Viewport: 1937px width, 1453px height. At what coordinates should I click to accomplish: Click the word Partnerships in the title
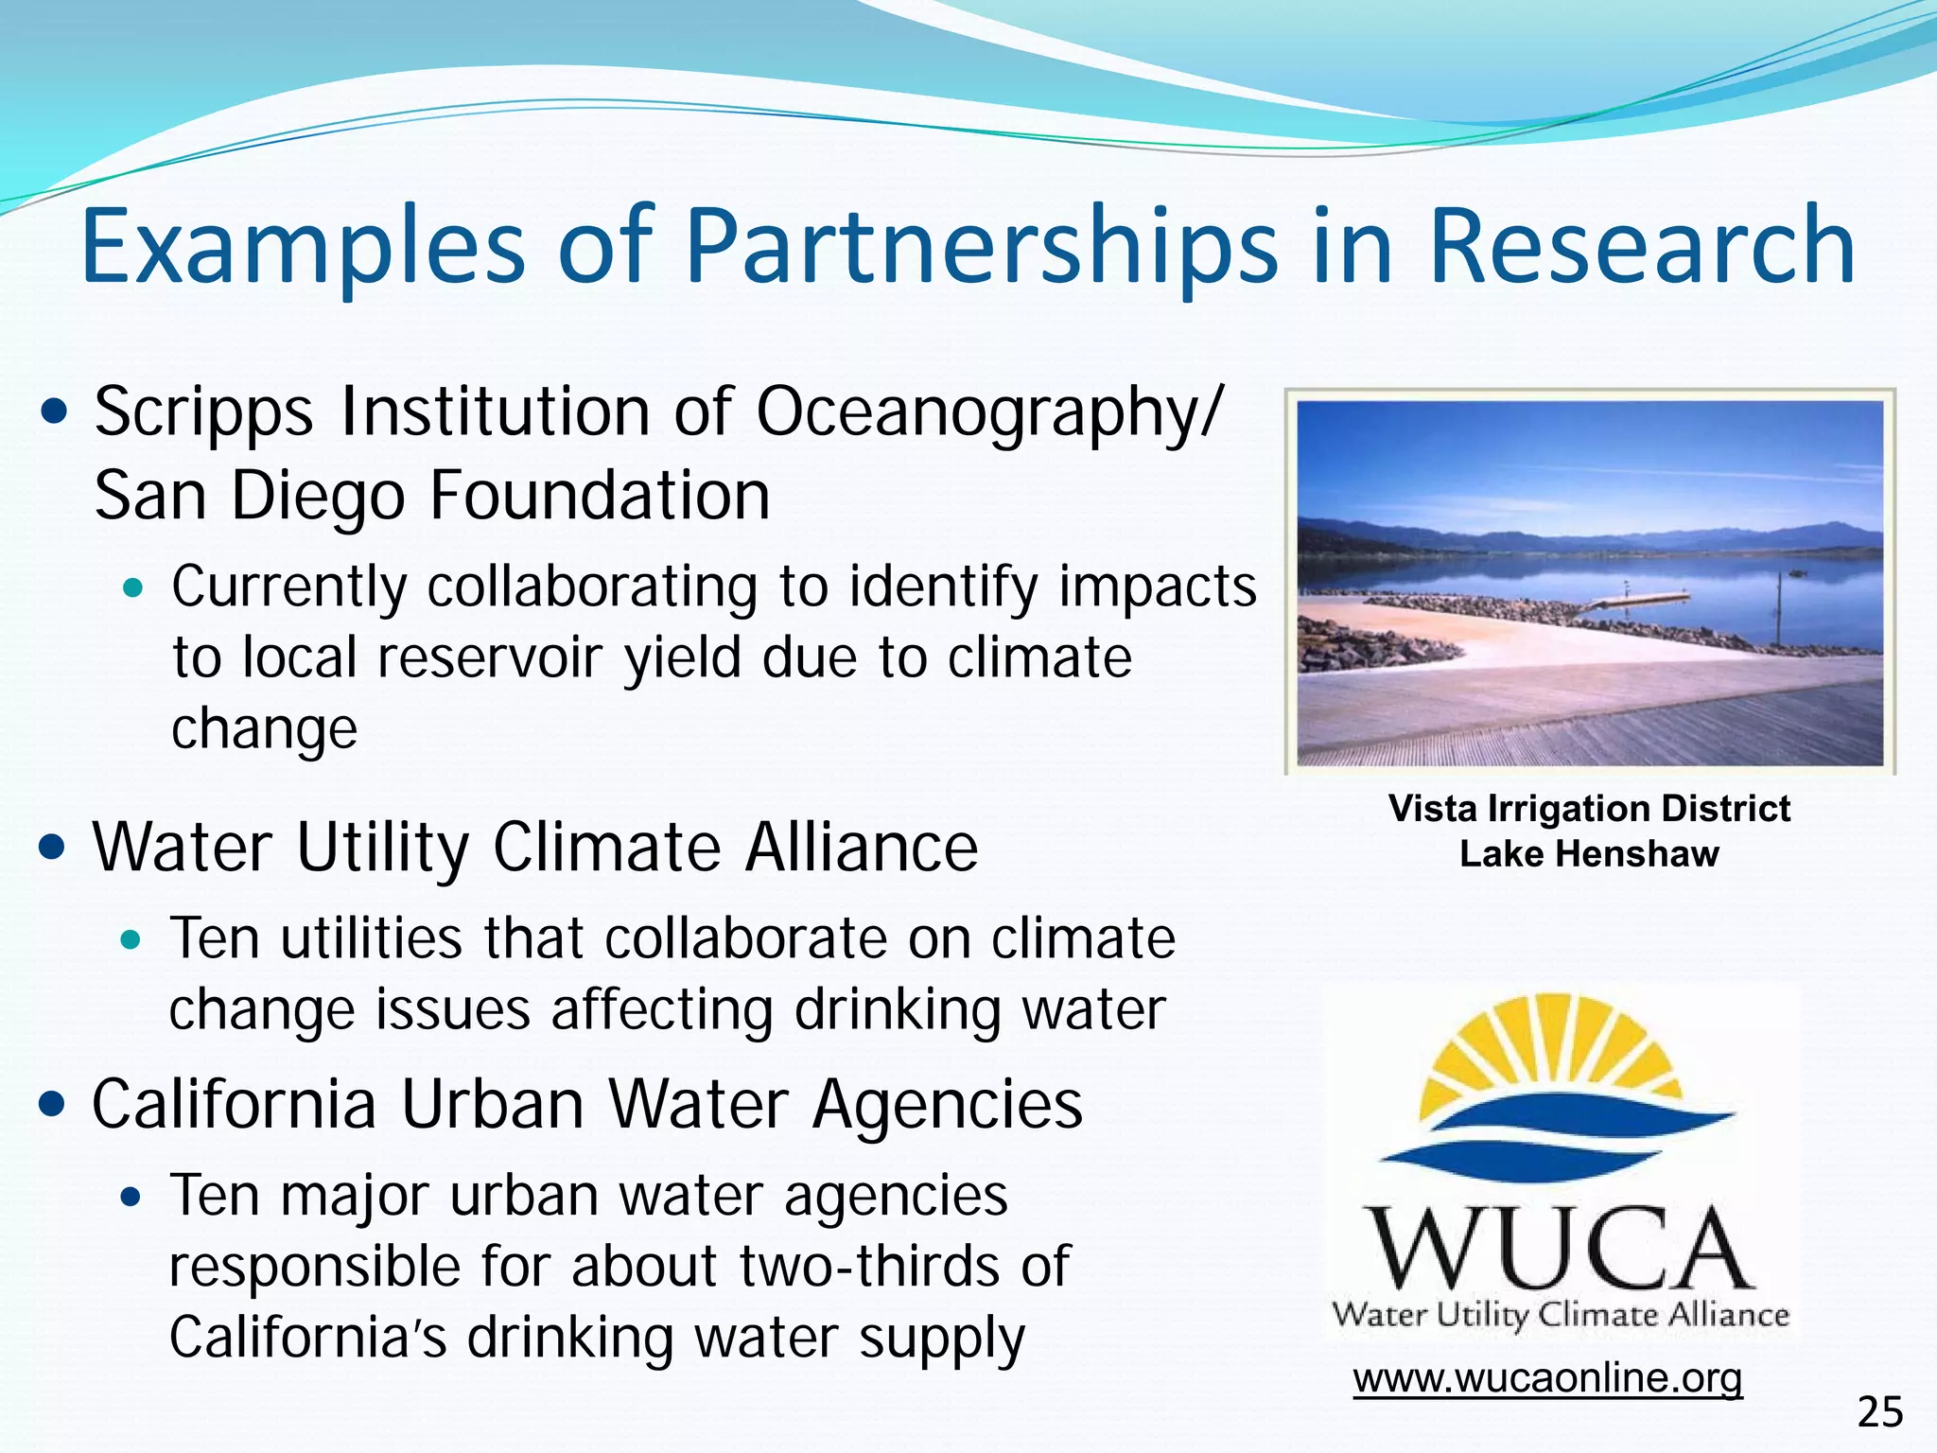coord(981,248)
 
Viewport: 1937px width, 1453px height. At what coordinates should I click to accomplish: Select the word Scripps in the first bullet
coord(203,413)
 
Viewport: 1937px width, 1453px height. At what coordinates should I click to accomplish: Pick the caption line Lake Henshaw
coord(1589,854)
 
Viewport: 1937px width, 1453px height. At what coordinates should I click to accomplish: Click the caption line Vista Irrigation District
coord(1589,809)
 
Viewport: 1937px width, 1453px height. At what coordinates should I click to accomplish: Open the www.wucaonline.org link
coord(1547,1377)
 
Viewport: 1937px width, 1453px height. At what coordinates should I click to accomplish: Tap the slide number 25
coord(1879,1412)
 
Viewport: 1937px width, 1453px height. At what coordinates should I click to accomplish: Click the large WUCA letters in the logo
coord(1560,1248)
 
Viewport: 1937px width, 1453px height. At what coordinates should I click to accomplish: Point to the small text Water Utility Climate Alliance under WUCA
coord(1560,1315)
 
